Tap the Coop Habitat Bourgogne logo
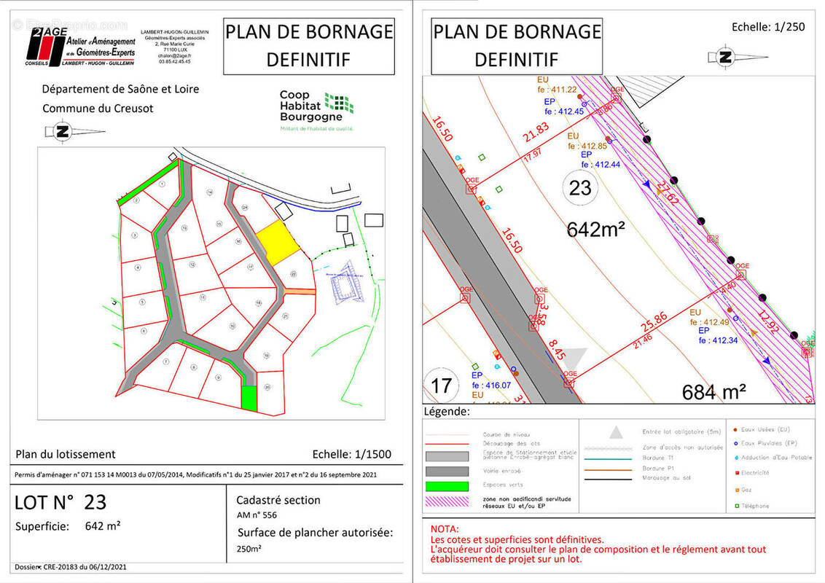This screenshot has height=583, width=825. coord(317,109)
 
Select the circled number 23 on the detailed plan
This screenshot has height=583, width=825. coord(580,188)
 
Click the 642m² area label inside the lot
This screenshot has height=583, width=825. coord(596,230)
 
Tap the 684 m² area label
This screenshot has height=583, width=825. coord(713,392)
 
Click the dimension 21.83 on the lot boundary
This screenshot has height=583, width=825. coord(535,129)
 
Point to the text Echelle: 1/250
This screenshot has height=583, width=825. coord(768,27)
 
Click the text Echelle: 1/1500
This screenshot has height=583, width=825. coord(351,454)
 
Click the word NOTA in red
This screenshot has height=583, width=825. coord(445,528)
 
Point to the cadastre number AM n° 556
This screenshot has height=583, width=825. coord(257,514)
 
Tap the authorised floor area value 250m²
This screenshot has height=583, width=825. coord(250,549)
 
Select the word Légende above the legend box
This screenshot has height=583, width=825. coord(447,412)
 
